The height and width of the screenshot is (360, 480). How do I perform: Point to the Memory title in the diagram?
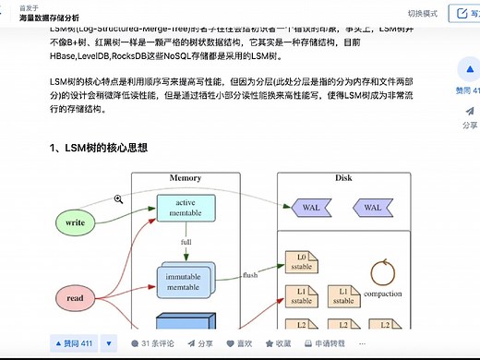pyautogui.click(x=185, y=178)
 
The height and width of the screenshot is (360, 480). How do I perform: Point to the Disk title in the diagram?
pyautogui.click(x=343, y=178)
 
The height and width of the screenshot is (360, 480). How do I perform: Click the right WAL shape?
pyautogui.click(x=372, y=208)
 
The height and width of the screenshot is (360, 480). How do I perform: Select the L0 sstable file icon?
pyautogui.click(x=301, y=261)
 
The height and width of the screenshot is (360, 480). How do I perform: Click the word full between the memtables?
pyautogui.click(x=186, y=242)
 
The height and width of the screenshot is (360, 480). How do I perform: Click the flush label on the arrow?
pyautogui.click(x=249, y=275)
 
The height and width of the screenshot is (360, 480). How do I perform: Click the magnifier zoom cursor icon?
pyautogui.click(x=119, y=198)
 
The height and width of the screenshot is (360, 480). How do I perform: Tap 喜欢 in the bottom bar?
pyautogui.click(x=239, y=344)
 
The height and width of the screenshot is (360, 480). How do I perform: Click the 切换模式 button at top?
pyautogui.click(x=423, y=14)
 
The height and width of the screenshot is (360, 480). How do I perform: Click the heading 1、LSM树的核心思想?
pyautogui.click(x=99, y=148)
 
